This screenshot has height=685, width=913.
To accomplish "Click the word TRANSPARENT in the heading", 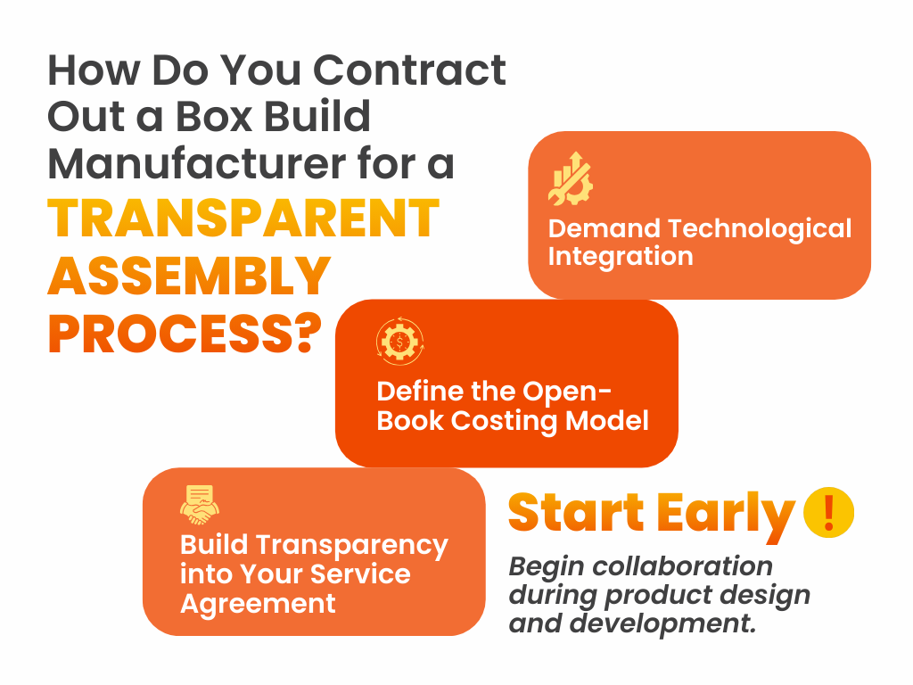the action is tap(243, 219).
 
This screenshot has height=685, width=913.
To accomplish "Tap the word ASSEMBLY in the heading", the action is tap(189, 276).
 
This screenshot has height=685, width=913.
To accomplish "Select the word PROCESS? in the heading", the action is tap(185, 334).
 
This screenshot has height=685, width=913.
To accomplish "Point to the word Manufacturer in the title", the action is tap(197, 164).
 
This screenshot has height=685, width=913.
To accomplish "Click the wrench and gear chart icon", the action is tap(571, 178).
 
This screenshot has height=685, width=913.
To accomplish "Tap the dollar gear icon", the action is tap(400, 342).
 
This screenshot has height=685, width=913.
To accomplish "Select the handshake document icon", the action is tap(200, 505).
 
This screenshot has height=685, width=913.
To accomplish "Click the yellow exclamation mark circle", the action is tap(828, 512).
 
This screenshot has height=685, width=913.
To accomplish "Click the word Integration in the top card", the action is tap(621, 257).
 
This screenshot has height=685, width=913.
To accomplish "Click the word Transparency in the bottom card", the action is tap(352, 546).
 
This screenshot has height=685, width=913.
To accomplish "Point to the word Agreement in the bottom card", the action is tap(258, 604).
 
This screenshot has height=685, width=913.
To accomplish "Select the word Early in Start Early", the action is tap(726, 515).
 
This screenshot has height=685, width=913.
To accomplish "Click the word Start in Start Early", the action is tap(577, 513).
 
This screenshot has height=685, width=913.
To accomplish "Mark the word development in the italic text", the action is tap(663, 623).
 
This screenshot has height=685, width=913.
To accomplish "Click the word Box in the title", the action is tap(214, 117).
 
